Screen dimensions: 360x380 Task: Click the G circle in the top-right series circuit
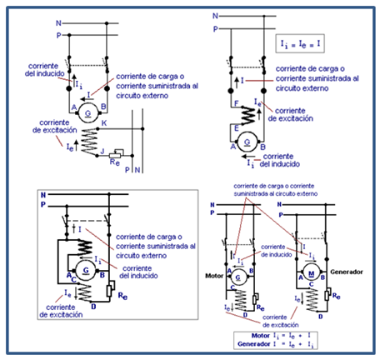click(x=247, y=142)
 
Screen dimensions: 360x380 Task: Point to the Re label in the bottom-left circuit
click(x=122, y=295)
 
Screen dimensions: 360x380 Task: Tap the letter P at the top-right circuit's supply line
click(x=215, y=29)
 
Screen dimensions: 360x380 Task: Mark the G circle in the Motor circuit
click(x=240, y=277)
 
